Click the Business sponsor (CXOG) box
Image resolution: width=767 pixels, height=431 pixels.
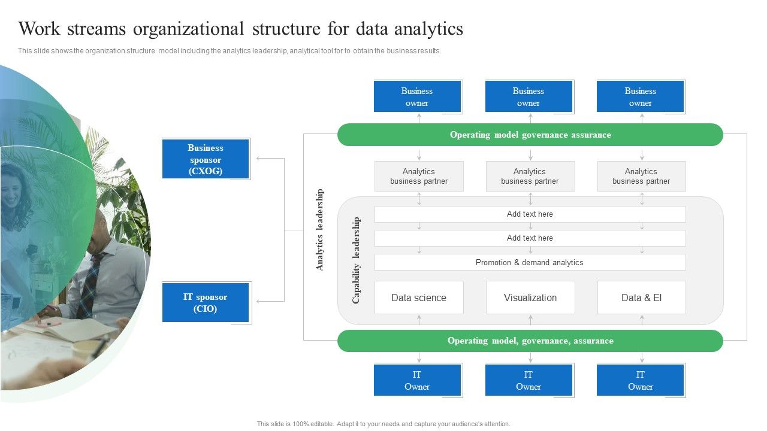[x=206, y=159]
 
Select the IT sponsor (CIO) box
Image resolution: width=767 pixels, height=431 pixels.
[x=206, y=303]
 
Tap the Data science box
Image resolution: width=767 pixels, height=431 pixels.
[x=419, y=298]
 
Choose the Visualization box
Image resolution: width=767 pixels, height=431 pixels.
[x=530, y=298]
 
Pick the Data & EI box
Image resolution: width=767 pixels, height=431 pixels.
[x=641, y=298]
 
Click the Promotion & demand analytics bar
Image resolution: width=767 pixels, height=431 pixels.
[x=530, y=262]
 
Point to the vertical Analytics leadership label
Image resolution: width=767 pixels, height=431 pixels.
[x=320, y=230]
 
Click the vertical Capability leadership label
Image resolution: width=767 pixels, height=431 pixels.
[x=357, y=260]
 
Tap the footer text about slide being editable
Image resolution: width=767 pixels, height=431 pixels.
[x=383, y=424]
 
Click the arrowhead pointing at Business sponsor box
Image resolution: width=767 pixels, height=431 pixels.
[x=259, y=159]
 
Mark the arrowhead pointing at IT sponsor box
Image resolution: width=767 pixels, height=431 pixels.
[x=259, y=301]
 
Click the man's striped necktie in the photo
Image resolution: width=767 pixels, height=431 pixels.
[x=90, y=281]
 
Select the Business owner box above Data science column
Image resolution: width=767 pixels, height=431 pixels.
[x=417, y=96]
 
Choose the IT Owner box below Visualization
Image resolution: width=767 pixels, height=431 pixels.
[x=529, y=380]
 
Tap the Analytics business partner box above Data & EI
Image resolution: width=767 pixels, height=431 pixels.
[x=641, y=176]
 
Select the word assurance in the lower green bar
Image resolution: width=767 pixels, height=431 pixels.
[x=593, y=341]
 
